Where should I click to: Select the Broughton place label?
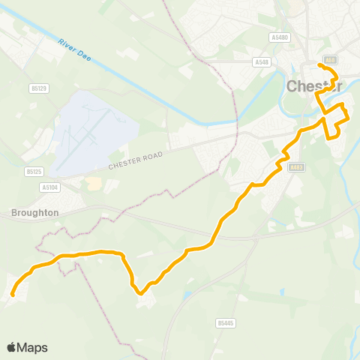coord(35,213)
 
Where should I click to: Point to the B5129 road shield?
coord(40,88)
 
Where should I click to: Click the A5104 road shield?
coord(51,187)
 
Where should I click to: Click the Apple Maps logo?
coord(26,347)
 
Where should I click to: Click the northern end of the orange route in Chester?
coord(319,65)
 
